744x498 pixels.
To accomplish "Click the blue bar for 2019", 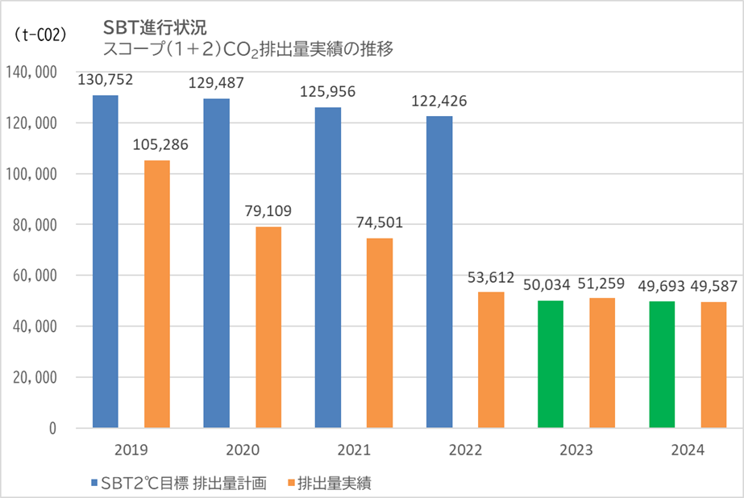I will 106,262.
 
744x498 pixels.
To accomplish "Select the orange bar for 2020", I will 268,327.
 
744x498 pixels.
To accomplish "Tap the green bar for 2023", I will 551,364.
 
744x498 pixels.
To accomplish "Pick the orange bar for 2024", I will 714,365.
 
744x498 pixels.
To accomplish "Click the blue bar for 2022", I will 439,272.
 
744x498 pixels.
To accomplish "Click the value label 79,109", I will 268,211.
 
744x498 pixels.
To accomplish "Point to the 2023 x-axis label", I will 576,450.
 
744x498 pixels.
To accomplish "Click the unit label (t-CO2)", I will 41,35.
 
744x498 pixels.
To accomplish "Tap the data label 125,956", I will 327,92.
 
